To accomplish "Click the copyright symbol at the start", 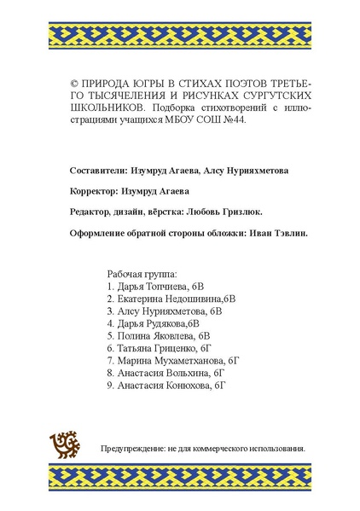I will [x=73, y=85].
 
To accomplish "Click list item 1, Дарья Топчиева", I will [x=156, y=287].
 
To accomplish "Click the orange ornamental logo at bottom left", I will [x=66, y=443].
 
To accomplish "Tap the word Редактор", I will [x=90, y=212].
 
